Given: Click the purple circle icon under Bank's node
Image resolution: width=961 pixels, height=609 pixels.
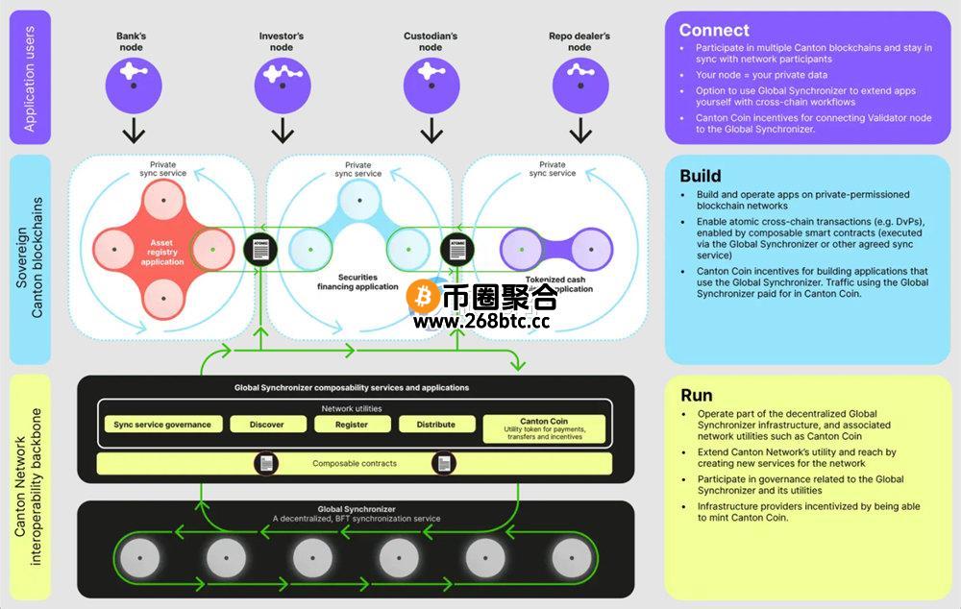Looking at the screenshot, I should [133, 82].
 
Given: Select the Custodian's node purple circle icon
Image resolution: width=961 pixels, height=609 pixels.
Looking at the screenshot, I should [431, 82].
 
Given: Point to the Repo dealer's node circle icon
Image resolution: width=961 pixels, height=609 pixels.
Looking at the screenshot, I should [579, 82].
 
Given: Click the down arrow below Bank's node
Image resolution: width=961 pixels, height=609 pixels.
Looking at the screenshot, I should [133, 129].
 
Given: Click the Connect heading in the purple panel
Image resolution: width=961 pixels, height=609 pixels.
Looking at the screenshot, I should [714, 30].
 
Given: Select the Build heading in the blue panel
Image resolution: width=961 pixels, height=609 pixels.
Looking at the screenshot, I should [700, 176].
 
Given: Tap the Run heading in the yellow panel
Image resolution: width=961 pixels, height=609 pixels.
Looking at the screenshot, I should [696, 395].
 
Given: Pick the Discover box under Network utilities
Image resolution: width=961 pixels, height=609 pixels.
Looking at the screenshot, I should [266, 425].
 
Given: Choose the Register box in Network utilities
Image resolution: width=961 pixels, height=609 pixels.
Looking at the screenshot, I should [352, 425].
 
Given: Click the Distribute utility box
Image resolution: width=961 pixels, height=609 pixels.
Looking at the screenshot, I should [435, 425].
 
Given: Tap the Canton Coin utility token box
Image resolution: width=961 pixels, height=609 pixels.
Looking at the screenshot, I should [544, 428].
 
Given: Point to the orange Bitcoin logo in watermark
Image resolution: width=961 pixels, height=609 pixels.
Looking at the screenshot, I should [423, 297].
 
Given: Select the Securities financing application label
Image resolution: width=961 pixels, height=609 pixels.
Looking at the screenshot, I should [357, 281].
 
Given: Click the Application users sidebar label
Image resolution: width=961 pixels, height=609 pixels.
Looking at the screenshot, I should [30, 76].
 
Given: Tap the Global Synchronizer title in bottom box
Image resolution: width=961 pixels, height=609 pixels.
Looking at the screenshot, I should [357, 508].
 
